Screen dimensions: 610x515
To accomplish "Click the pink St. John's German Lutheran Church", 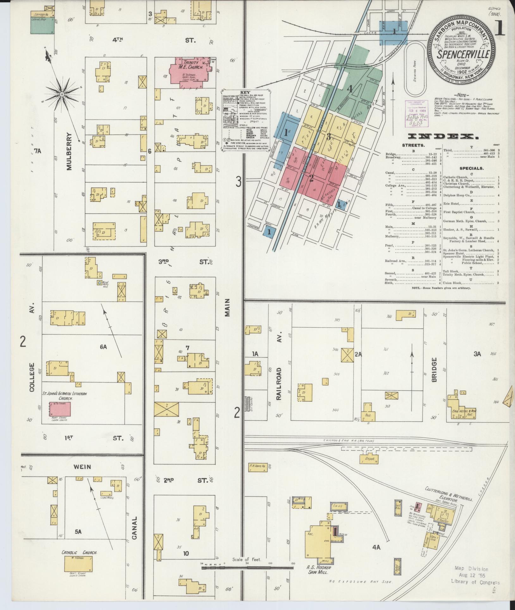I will coord(60,409).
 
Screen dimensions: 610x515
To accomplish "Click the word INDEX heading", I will coord(443,137).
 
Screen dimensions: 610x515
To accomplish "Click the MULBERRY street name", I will coord(69,151).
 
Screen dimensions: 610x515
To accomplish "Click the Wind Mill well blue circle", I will coord(99,282).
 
